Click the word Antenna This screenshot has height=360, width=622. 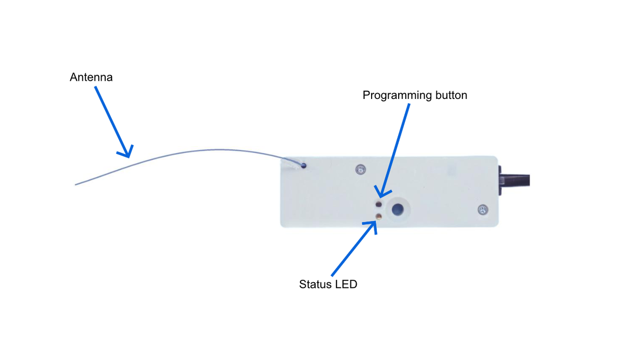click(x=91, y=77)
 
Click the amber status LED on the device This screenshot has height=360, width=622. click(x=378, y=217)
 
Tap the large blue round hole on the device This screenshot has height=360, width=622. click(x=398, y=209)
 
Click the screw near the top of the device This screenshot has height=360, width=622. click(x=360, y=169)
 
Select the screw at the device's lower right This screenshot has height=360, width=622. click(x=483, y=209)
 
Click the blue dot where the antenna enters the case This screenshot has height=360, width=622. click(x=304, y=166)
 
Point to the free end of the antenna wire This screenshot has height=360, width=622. click(x=75, y=184)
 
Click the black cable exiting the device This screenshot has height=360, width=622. click(x=515, y=180)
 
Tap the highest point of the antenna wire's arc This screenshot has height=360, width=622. click(x=219, y=150)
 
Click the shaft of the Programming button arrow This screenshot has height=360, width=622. click(x=395, y=150)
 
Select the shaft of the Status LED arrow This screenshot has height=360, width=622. click(x=354, y=249)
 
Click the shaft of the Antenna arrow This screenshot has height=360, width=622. click(x=112, y=122)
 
